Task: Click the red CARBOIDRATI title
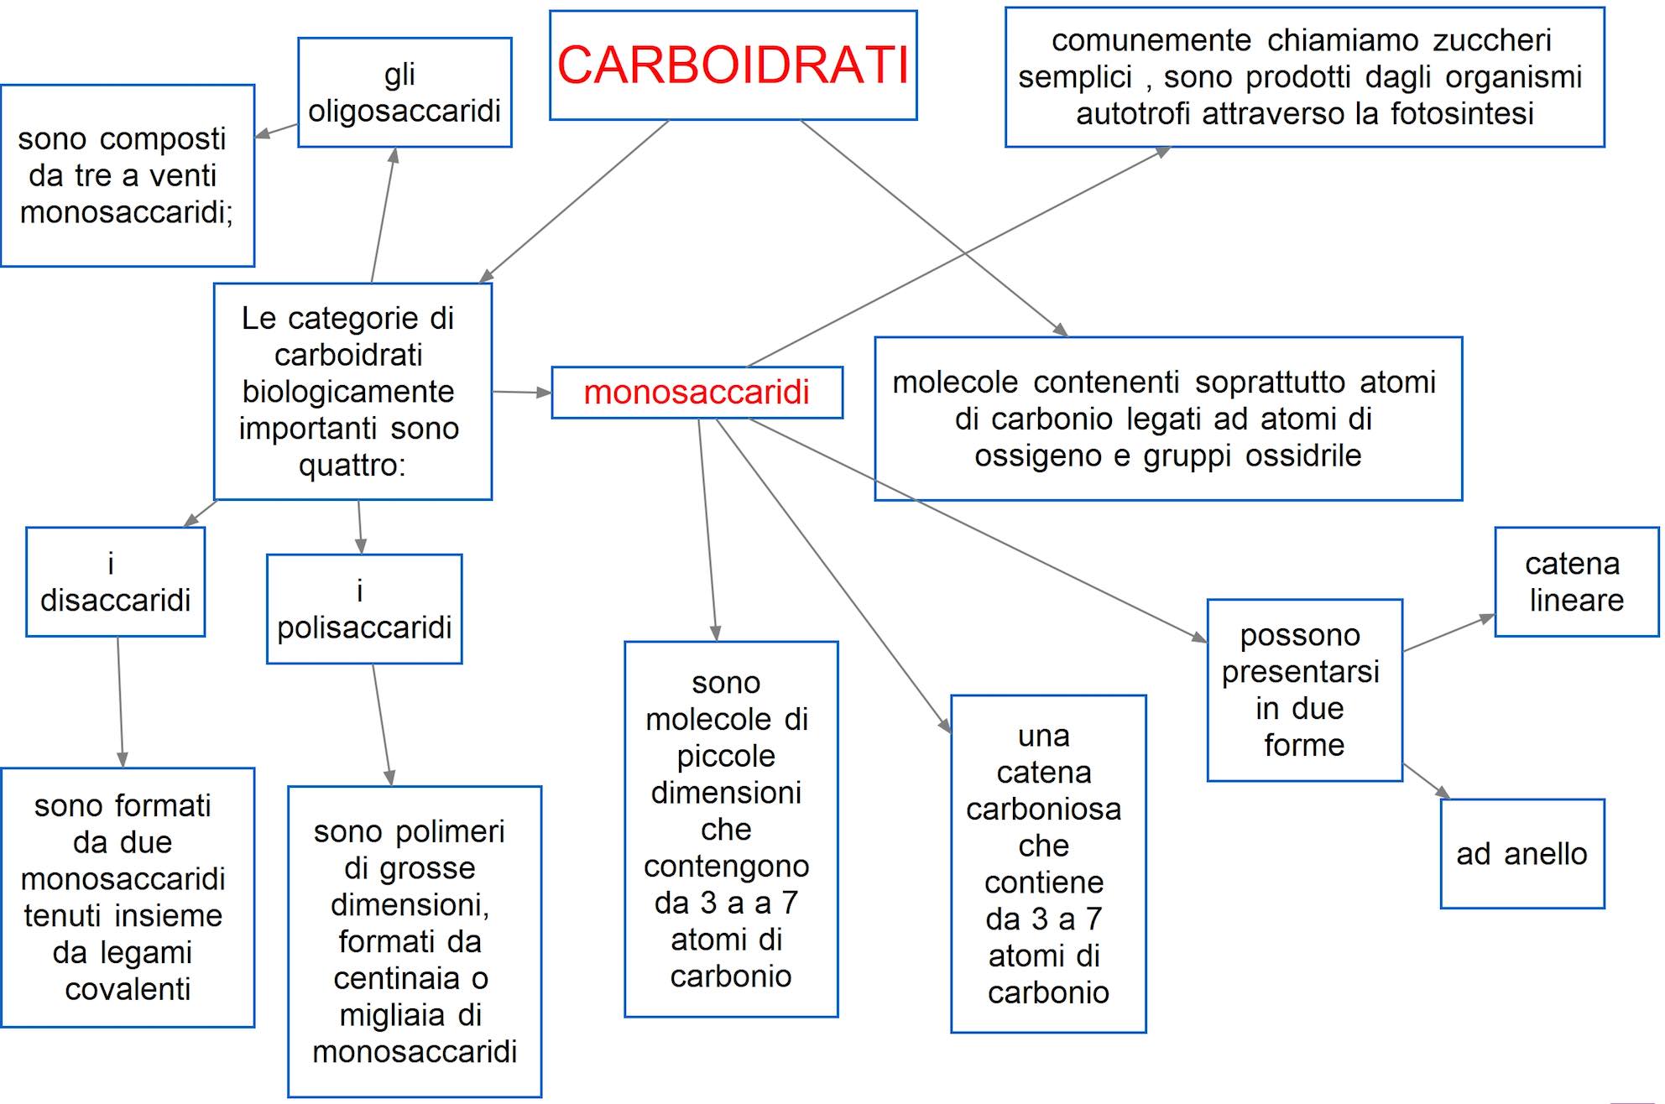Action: click(x=733, y=65)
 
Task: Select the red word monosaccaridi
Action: click(x=697, y=392)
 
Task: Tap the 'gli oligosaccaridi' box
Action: click(x=405, y=92)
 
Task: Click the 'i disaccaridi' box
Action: click(x=115, y=582)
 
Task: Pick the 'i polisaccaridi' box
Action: click(x=364, y=609)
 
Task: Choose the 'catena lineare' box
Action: click(x=1576, y=582)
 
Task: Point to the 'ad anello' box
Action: click(x=1521, y=854)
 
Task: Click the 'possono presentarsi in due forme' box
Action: click(x=1304, y=690)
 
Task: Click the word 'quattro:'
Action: click(x=352, y=465)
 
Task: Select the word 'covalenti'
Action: click(x=128, y=989)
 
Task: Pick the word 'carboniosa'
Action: click(x=1043, y=809)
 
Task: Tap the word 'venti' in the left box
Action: click(x=183, y=175)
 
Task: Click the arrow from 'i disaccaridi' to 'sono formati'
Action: click(x=120, y=701)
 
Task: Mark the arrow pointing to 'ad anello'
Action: click(x=1427, y=781)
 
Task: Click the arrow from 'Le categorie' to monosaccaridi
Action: click(x=521, y=392)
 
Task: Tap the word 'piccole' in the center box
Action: click(x=726, y=756)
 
